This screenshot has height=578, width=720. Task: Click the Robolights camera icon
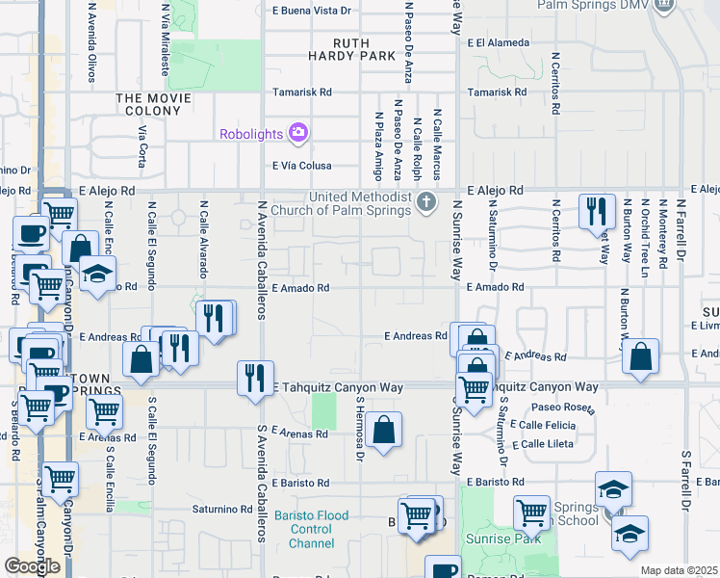point(297,133)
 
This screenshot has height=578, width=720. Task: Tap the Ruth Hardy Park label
point(365,49)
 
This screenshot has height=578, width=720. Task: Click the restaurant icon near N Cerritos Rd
point(597,209)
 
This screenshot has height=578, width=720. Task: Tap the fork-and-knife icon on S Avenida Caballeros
point(253,375)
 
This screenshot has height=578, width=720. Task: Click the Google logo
point(32,566)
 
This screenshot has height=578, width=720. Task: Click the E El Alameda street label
point(498,43)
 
